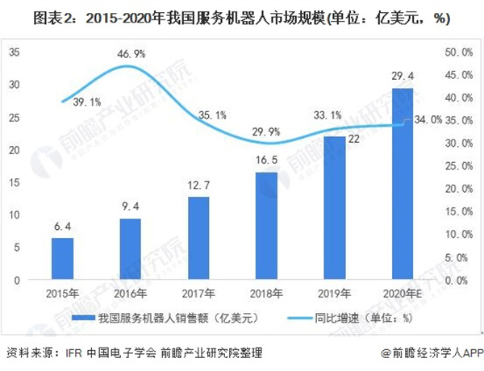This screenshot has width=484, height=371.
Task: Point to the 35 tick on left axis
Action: point(15,52)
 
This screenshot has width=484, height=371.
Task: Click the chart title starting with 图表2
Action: point(242,16)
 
